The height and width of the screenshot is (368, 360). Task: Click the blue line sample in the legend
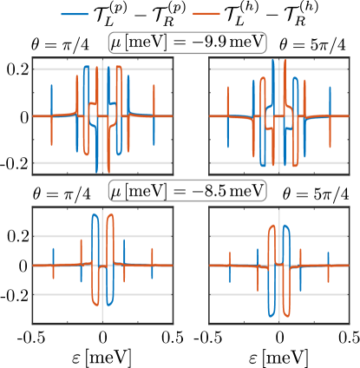tap(75, 14)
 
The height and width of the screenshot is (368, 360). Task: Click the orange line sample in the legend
tap(206, 14)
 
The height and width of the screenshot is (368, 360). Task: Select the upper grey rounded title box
tap(187, 43)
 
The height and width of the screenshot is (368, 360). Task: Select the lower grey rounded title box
tap(187, 190)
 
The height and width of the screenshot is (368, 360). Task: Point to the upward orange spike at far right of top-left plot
tap(154, 89)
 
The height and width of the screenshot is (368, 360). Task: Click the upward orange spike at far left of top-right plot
tap(229, 89)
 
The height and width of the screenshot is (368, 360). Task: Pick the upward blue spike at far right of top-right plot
tap(330, 89)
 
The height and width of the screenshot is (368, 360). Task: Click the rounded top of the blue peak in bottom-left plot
tap(93, 214)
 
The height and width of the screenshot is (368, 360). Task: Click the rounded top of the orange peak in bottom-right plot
tap(272, 227)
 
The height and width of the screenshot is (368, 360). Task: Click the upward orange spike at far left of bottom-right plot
tap(230, 254)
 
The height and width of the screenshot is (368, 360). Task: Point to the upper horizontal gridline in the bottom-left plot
tap(52, 236)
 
